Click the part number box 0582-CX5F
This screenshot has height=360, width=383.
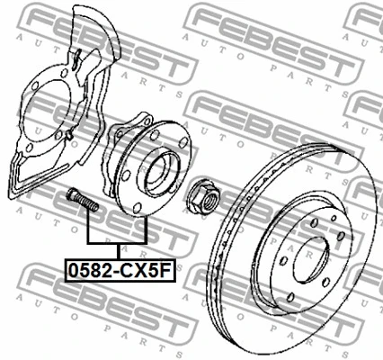[120, 271]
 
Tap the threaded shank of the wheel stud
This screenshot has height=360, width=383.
[87, 202]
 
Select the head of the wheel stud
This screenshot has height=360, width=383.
[71, 194]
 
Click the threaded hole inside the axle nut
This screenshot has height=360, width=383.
[209, 200]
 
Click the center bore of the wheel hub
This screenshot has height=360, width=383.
[160, 171]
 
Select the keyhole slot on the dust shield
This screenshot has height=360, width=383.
[76, 58]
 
